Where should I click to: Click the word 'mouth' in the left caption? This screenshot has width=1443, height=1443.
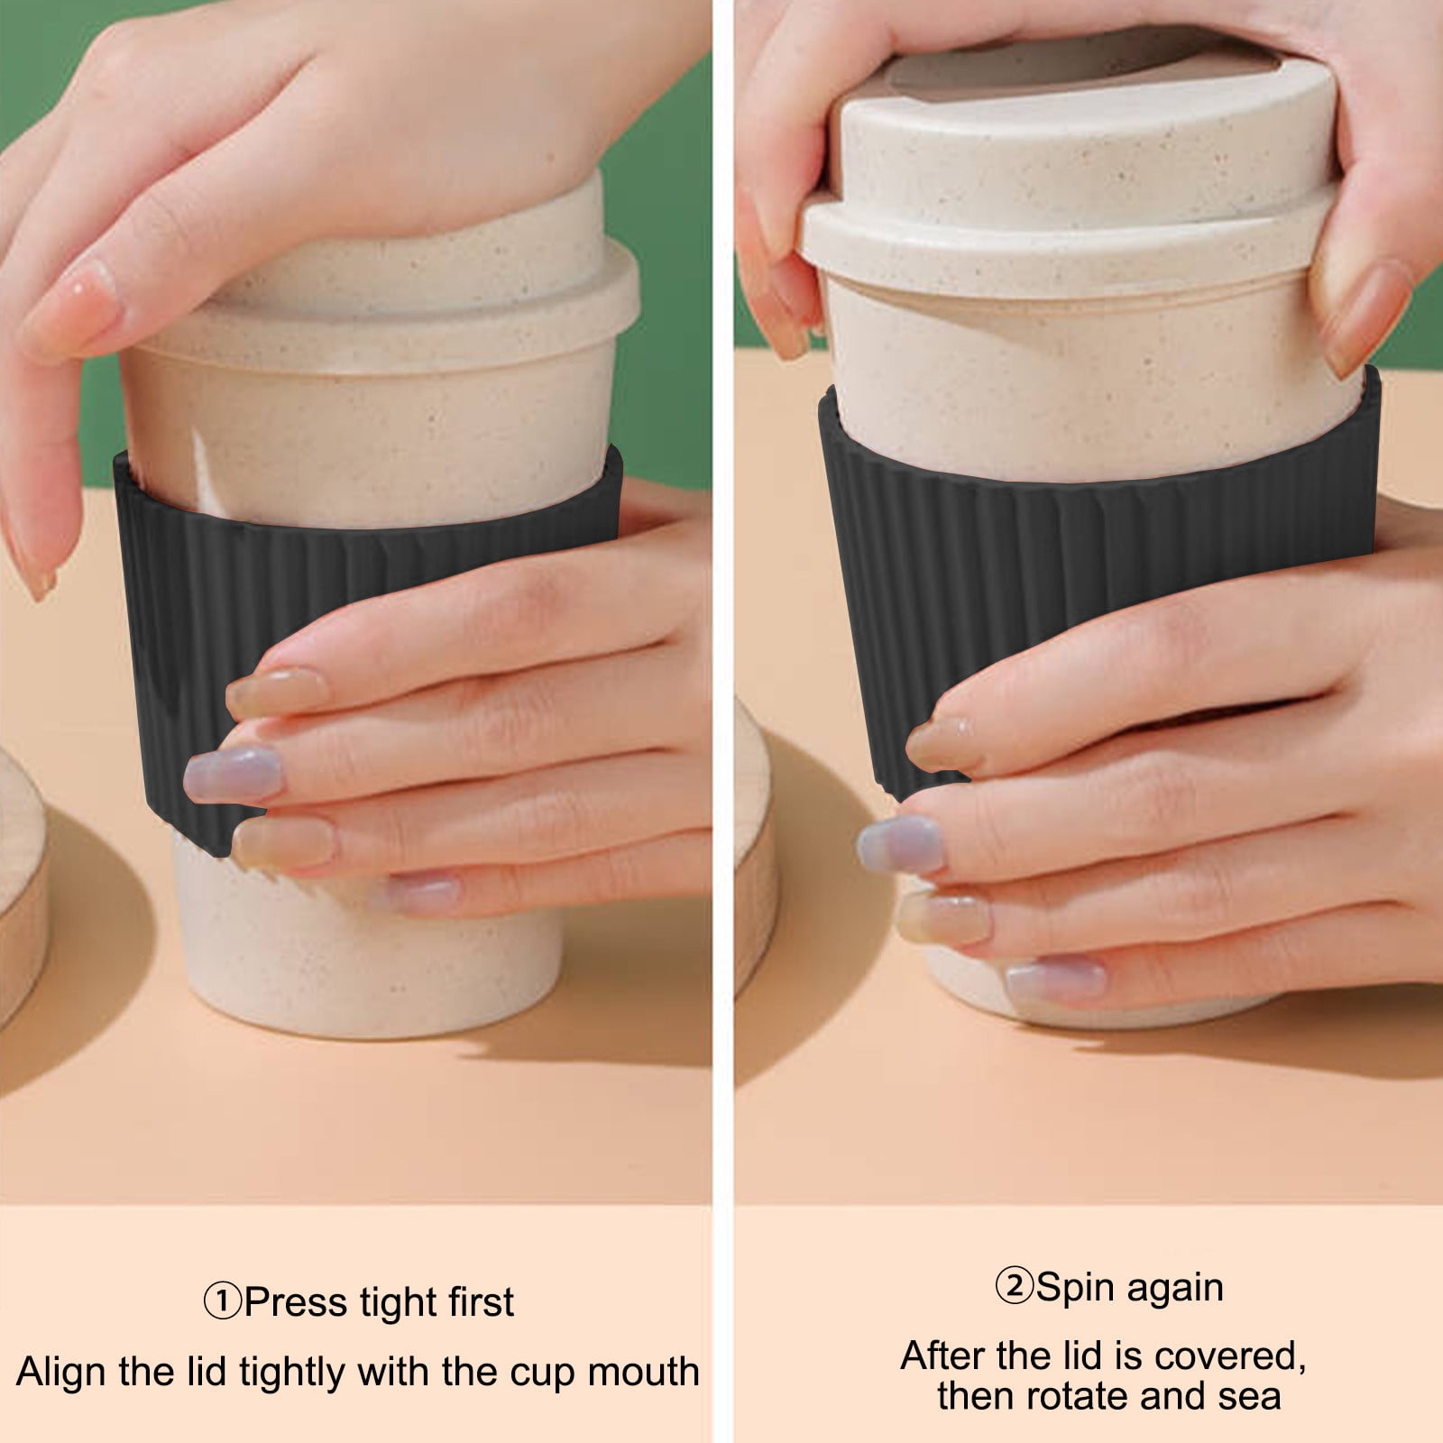(x=644, y=1372)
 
